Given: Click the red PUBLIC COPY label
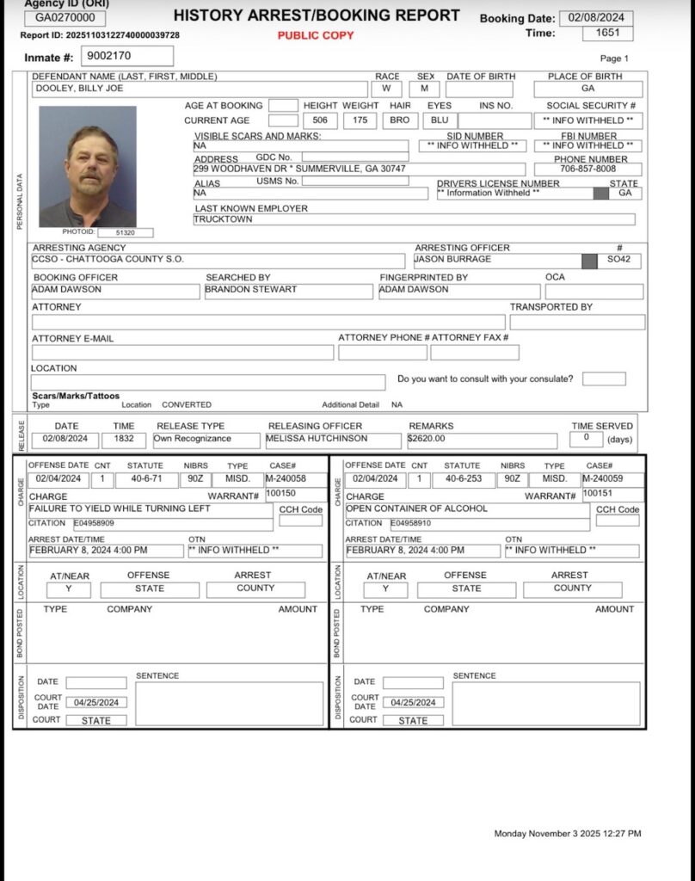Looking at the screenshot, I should click(x=316, y=35).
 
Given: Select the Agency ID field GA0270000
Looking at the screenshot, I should click(x=65, y=18).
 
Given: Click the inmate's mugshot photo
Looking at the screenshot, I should click(x=88, y=166).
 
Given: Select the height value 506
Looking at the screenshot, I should click(x=319, y=120).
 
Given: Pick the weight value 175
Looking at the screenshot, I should click(x=360, y=120).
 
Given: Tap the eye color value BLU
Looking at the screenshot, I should click(x=439, y=120).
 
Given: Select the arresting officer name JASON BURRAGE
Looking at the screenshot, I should click(x=452, y=259).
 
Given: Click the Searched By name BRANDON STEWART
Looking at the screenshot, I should click(x=239, y=290).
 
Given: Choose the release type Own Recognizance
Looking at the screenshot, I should click(x=193, y=438).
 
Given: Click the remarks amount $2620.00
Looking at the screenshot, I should click(x=427, y=438).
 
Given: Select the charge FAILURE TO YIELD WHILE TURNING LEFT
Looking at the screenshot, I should click(x=108, y=508).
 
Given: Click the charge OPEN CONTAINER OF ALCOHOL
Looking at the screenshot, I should click(x=416, y=508).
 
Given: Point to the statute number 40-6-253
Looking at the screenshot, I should click(x=462, y=478).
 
